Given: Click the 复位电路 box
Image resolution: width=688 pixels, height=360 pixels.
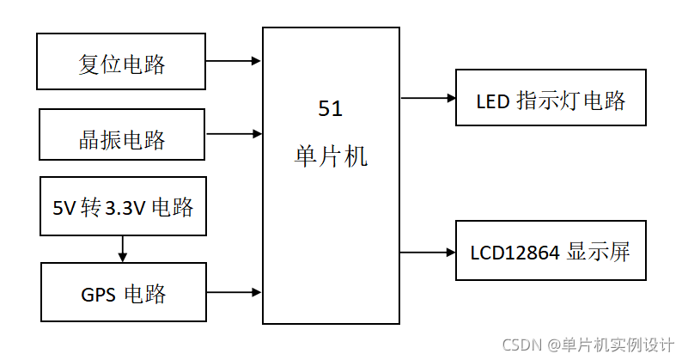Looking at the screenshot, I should [122, 62].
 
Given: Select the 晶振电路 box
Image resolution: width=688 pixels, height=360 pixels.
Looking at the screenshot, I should [122, 134].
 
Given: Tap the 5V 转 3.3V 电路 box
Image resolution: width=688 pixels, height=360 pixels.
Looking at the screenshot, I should [123, 206].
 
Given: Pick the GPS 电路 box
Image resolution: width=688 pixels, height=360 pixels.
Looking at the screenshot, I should [123, 292].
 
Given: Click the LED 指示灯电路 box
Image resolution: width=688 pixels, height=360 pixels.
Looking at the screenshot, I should [550, 99].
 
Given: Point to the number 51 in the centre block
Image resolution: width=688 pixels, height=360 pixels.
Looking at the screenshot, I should [331, 109].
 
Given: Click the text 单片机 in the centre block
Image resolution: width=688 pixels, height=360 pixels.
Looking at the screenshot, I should [331, 156].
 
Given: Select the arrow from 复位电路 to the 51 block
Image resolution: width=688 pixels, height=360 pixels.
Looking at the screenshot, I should [234, 61].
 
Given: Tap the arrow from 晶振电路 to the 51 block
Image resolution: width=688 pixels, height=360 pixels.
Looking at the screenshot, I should [234, 133].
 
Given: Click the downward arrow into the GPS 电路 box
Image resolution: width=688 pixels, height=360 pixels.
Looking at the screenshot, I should [123, 249].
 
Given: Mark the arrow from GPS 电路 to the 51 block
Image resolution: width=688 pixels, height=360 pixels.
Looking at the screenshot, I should [234, 292].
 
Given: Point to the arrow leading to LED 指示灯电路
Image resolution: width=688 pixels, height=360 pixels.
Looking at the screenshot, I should [428, 98].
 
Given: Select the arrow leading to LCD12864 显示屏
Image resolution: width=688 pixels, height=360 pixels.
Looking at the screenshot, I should [428, 253].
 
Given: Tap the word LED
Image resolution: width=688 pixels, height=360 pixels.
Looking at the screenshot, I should [493, 101].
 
